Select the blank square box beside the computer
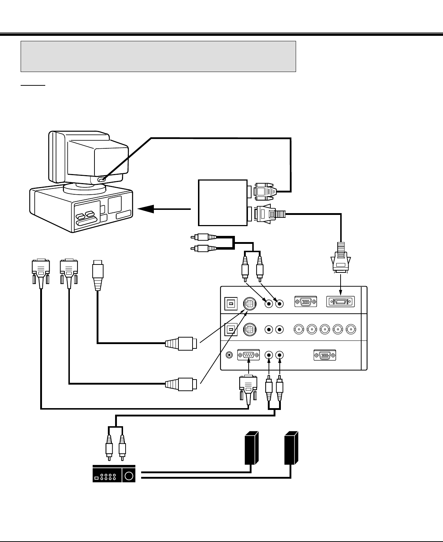point(222,203)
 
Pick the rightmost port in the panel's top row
point(340,302)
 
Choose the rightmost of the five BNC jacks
point(350,329)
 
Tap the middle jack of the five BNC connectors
point(325,329)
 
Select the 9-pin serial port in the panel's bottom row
point(248,355)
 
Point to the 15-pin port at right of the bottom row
point(325,355)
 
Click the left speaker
point(251,448)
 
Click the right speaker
point(291,448)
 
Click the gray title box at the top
point(158,56)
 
